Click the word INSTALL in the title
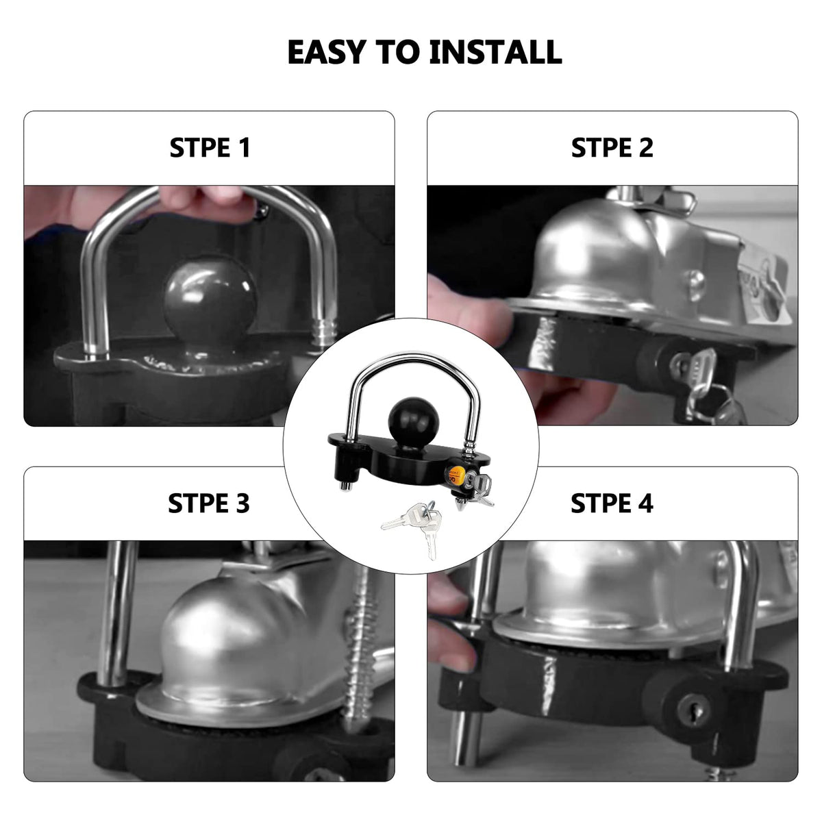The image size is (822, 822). coord(495,52)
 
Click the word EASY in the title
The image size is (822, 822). coord(326,52)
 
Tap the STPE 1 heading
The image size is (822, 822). coord(210,148)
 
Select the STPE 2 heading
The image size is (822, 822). coord(612,148)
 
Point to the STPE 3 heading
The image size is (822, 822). coord(209,503)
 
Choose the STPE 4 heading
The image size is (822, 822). coord(612,503)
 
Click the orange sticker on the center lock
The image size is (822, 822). coord(453,475)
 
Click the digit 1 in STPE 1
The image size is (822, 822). coord(244,148)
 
